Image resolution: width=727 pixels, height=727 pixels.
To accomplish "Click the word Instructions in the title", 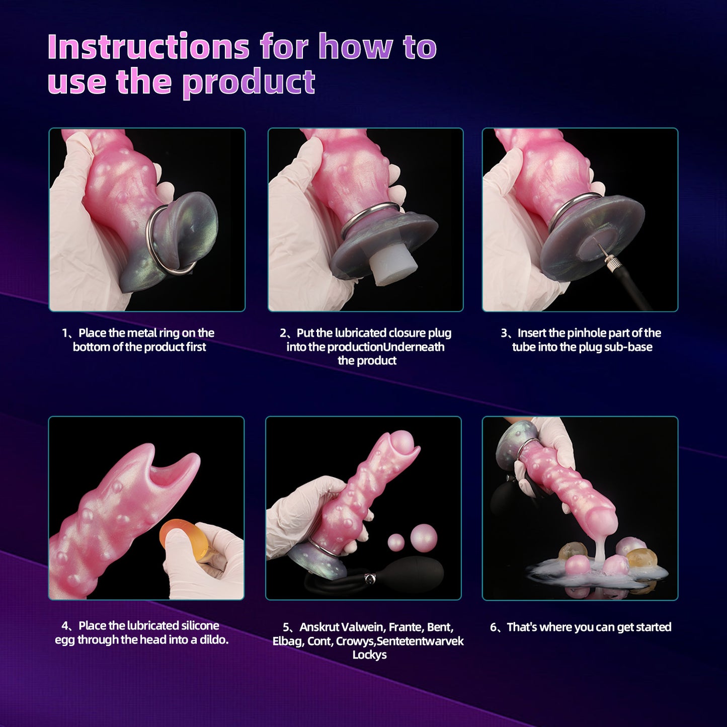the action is click(x=148, y=47).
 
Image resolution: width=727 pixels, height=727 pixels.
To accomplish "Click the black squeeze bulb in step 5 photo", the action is click(x=419, y=574).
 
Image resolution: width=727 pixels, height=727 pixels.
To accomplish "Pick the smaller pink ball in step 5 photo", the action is click(x=396, y=542).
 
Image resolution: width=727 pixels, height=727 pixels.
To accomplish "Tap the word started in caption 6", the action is click(x=654, y=627).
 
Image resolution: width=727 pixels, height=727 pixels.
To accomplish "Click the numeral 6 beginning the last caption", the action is click(x=494, y=627).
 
